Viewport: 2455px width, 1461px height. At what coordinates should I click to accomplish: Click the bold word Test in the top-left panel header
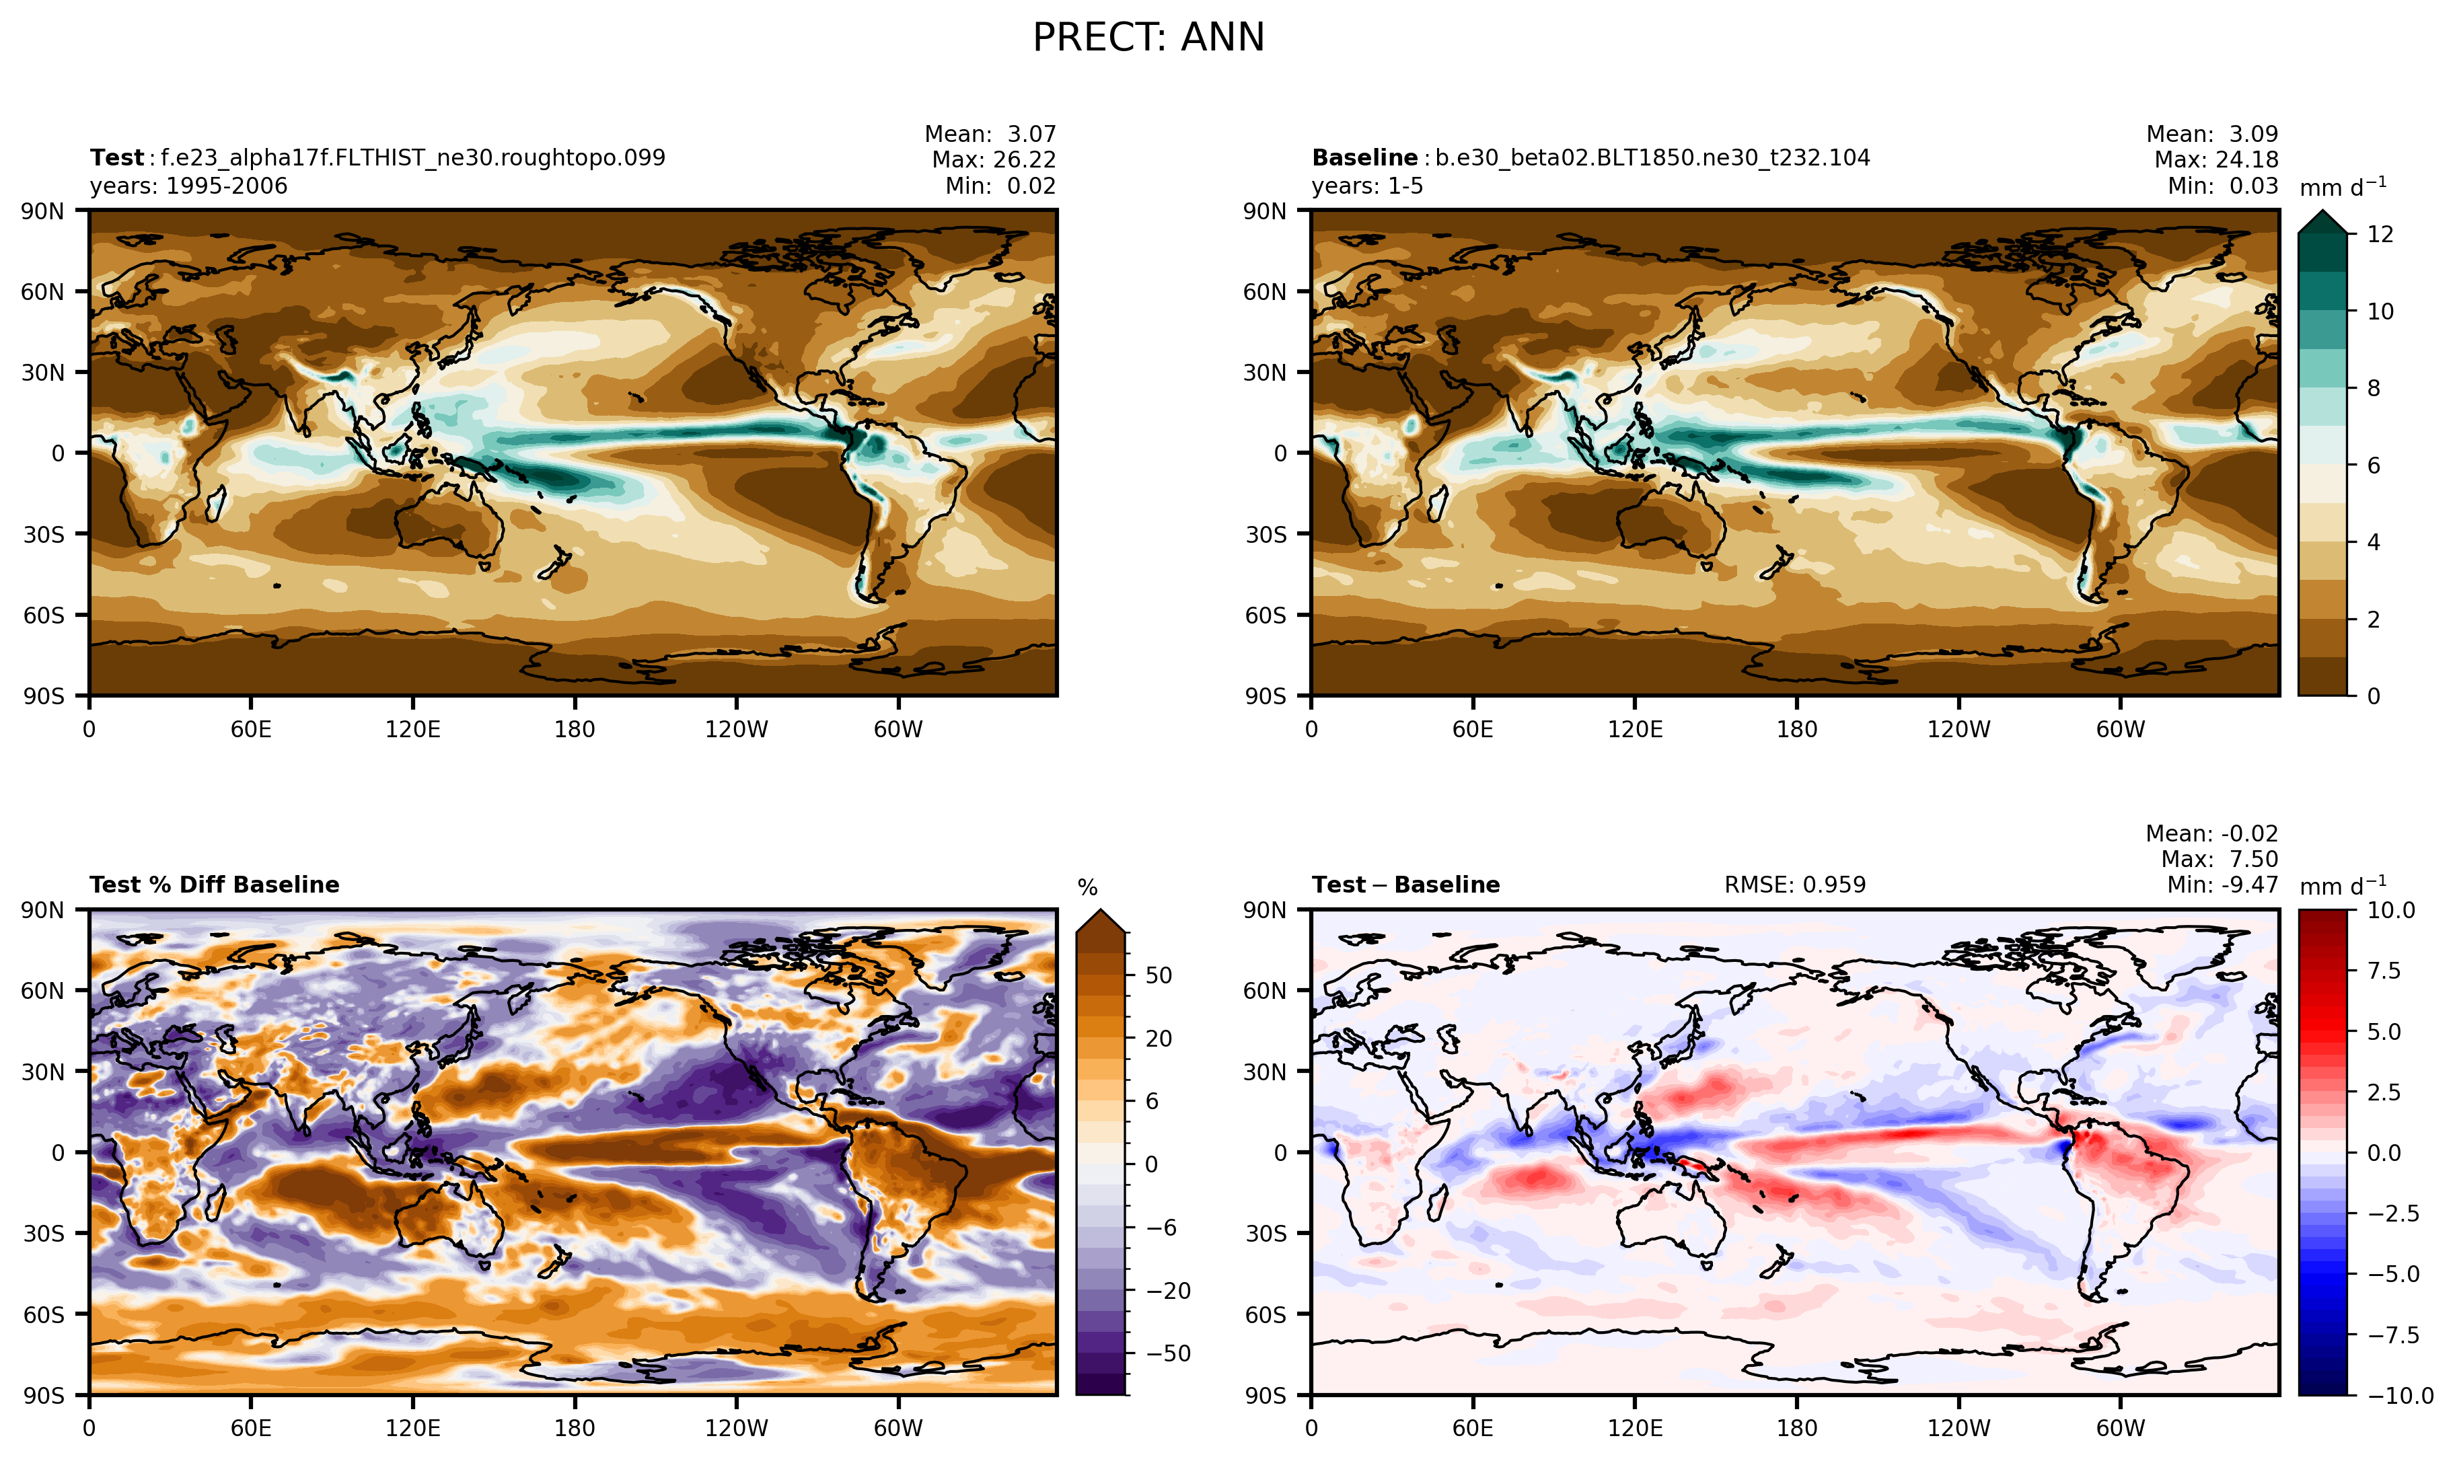(x=116, y=157)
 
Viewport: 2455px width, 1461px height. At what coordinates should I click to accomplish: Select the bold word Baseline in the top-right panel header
(x=1364, y=157)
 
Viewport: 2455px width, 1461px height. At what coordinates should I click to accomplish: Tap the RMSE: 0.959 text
(x=1794, y=884)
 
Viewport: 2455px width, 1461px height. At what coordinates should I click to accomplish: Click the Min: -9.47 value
(x=2222, y=884)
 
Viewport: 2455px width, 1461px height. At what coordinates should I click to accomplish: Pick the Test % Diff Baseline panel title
(x=214, y=884)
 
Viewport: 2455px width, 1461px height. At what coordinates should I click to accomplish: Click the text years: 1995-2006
(x=188, y=186)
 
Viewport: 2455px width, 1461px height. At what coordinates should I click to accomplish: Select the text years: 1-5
(x=1367, y=186)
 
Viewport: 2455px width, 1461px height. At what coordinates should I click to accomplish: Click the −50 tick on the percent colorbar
(x=1168, y=1353)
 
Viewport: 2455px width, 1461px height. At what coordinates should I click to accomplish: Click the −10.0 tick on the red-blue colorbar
(x=2400, y=1395)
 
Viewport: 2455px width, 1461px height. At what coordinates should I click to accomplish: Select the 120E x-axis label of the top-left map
(x=412, y=730)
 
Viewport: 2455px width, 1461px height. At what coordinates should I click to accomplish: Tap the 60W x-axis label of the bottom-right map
(x=2120, y=1427)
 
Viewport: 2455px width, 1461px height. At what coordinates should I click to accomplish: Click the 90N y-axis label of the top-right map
(x=1264, y=211)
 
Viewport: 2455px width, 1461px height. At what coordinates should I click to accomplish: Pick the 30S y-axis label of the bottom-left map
(x=43, y=1234)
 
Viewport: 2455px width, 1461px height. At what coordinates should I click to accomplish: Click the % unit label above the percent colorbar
(x=1087, y=888)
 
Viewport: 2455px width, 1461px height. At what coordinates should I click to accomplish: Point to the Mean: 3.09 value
(x=2211, y=134)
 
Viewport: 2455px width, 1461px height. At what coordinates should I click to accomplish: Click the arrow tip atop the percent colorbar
(x=1100, y=911)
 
